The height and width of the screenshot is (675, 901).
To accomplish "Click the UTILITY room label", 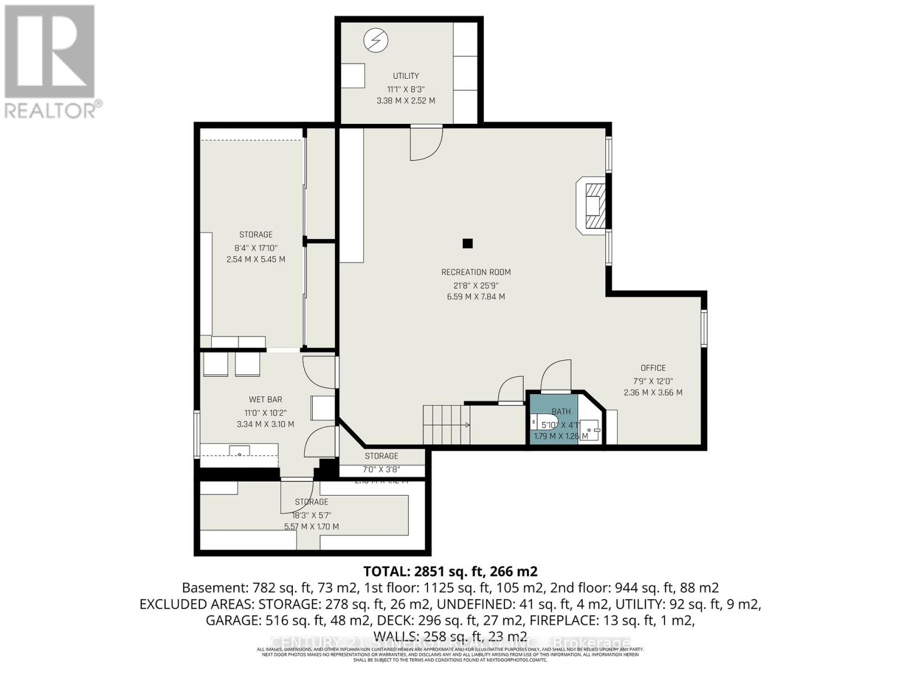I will (405, 76).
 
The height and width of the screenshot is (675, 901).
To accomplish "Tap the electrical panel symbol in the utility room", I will (376, 40).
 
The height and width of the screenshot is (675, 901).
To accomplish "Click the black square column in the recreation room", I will (467, 244).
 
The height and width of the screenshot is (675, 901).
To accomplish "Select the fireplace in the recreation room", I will (593, 205).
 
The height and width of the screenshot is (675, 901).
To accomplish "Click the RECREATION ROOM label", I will (476, 272).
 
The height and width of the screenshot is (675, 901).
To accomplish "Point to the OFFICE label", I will (653, 368).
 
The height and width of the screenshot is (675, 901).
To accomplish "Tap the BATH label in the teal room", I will (561, 412).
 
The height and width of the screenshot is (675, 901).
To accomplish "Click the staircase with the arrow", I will (447, 425).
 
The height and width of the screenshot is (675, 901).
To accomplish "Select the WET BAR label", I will (265, 399).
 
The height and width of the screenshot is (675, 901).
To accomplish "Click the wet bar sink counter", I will (239, 450).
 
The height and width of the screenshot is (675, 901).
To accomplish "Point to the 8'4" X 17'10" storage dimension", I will (256, 247).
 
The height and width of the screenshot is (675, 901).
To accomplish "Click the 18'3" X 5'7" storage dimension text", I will (311, 515).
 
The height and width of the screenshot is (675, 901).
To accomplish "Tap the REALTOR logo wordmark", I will (53, 110).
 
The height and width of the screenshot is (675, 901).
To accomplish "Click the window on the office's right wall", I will (704, 327).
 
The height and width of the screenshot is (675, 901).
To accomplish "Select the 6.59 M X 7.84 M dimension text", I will (476, 296).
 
